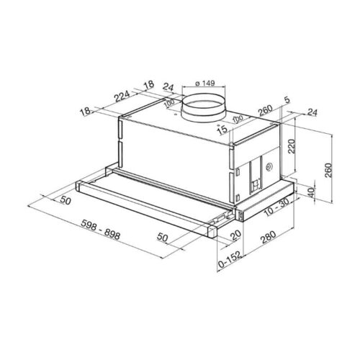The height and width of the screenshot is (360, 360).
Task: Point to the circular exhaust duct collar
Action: coord(204,110)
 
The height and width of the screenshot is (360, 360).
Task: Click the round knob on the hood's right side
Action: coord(268,167)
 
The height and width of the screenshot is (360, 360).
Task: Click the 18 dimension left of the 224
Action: coord(86,112)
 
